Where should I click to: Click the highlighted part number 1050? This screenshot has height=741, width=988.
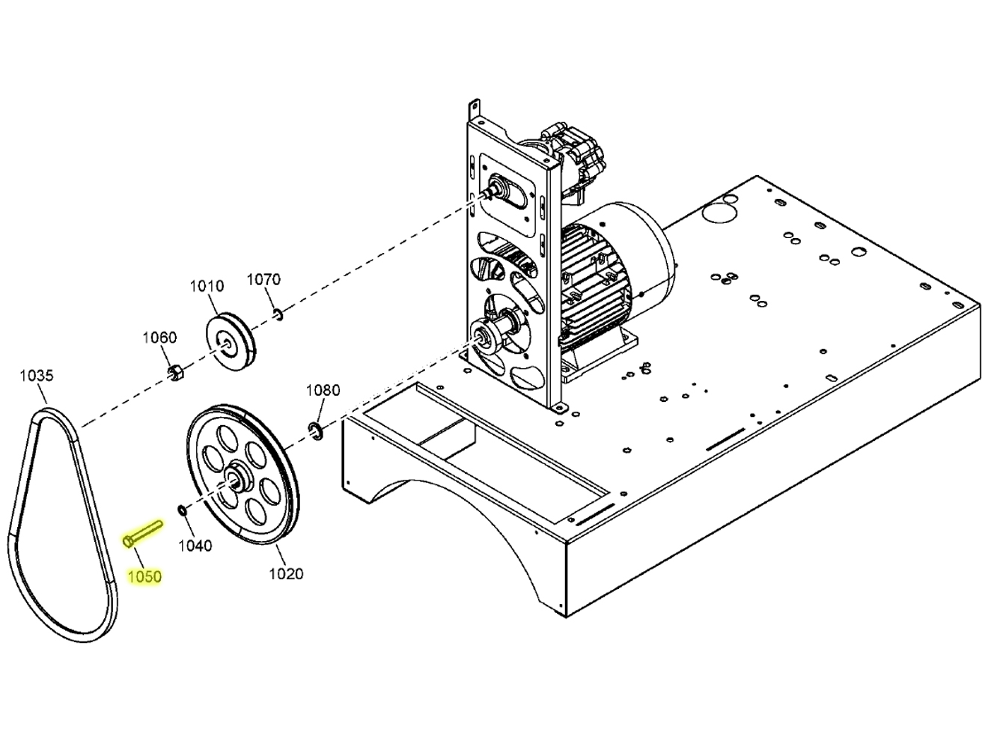(x=144, y=576)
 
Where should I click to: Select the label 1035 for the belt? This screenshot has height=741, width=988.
(x=36, y=375)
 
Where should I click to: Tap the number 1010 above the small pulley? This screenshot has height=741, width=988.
(x=206, y=286)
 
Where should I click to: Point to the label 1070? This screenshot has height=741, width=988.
(x=263, y=279)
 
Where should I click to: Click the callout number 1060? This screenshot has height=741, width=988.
(x=159, y=338)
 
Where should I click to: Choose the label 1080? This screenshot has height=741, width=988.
(x=323, y=390)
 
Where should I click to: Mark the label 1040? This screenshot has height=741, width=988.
(x=195, y=546)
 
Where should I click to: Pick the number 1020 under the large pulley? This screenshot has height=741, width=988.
(x=286, y=573)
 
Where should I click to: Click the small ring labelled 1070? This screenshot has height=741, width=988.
(x=278, y=314)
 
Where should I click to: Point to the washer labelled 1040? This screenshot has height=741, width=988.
(x=182, y=510)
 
